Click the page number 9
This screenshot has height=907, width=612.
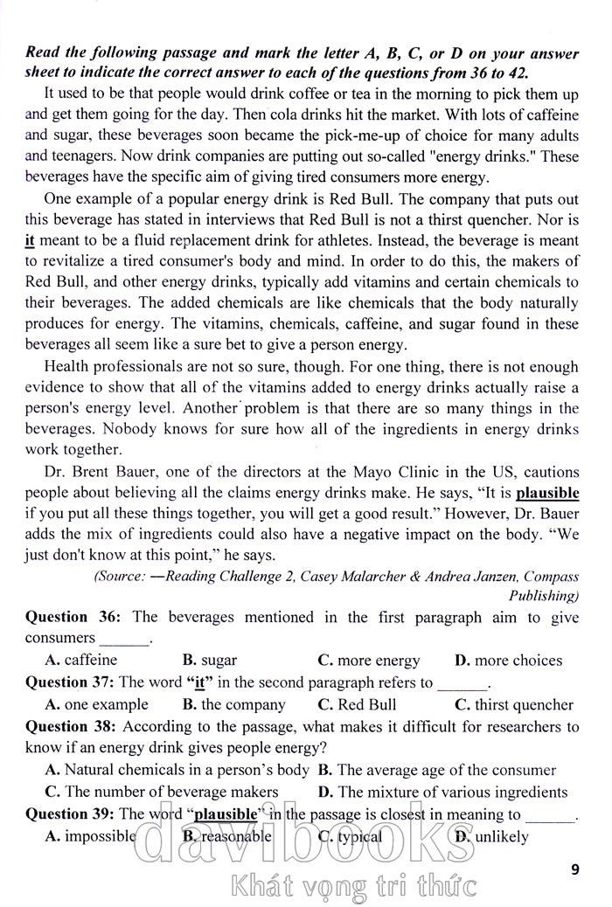(x=574, y=869)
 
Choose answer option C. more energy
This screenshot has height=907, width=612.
(x=368, y=661)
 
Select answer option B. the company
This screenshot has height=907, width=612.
(x=234, y=704)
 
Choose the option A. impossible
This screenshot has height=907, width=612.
(x=90, y=836)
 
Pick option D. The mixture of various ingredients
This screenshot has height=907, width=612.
(x=442, y=792)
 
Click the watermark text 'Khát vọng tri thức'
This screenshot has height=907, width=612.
(x=353, y=886)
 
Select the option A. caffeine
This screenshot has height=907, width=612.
(x=80, y=661)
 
